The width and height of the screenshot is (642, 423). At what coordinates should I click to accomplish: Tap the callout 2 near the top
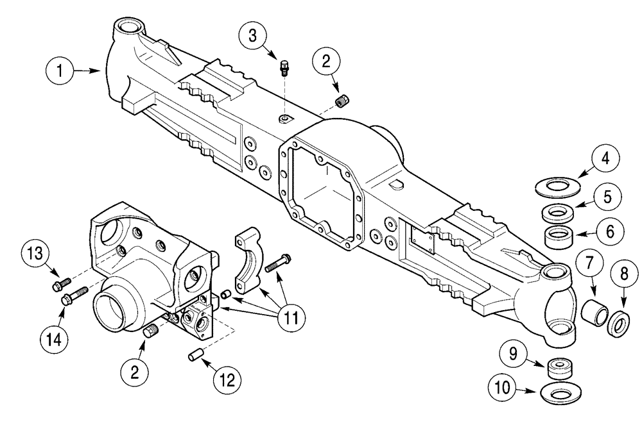[x=327, y=63]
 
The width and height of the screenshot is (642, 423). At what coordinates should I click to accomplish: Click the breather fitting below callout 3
[x=286, y=66]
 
